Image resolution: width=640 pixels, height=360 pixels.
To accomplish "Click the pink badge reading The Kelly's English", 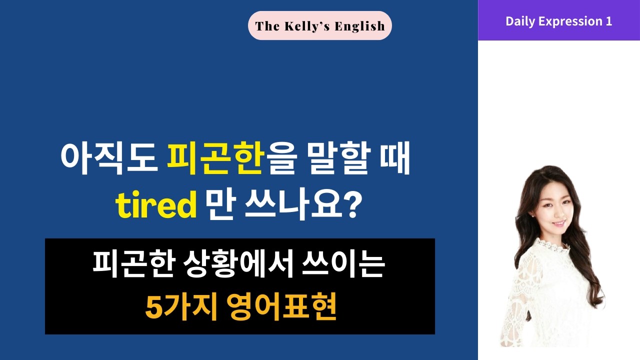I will pyautogui.click(x=320, y=25).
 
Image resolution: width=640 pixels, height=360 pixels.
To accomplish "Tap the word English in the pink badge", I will pyautogui.click(x=360, y=26).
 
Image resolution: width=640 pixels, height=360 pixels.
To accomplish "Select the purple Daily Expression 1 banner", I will pyautogui.click(x=558, y=21).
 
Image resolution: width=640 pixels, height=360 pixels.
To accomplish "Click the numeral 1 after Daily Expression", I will pyautogui.click(x=608, y=21).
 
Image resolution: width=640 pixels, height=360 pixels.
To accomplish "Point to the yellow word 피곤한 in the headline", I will pyautogui.click(x=215, y=158).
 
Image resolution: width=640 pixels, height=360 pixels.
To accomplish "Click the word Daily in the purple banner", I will pyautogui.click(x=519, y=21).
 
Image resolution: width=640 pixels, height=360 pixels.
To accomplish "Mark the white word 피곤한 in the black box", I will pyautogui.click(x=128, y=265).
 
